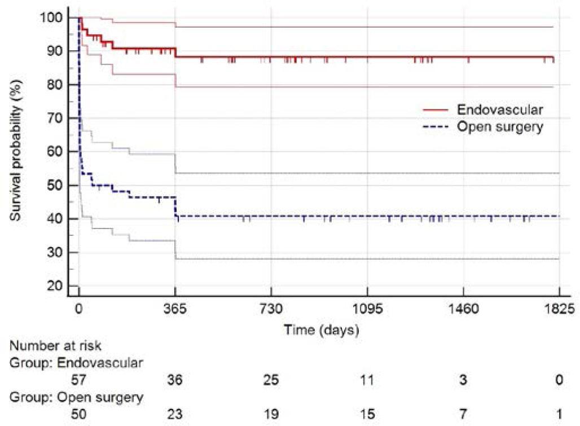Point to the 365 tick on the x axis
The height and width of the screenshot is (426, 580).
[175, 309]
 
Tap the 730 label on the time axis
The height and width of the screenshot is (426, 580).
[271, 309]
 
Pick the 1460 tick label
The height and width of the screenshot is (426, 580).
[463, 309]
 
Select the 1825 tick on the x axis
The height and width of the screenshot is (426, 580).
[559, 309]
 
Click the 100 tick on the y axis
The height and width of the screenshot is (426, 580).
[51, 17]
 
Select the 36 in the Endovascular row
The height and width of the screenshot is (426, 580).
[175, 380]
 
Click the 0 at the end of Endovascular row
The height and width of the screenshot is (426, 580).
[559, 380]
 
